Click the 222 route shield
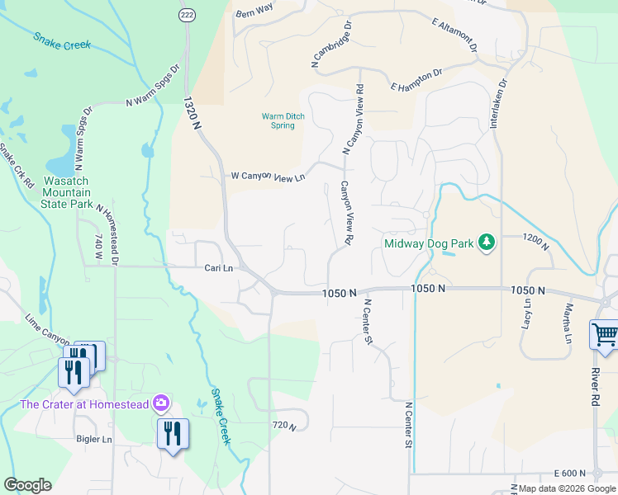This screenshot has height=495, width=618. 187,15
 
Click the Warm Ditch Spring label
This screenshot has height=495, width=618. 283,121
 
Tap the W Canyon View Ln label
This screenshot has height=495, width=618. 268,177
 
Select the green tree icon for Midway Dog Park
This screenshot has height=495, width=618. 487,242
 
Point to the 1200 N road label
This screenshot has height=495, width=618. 535,237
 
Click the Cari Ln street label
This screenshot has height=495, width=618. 219,268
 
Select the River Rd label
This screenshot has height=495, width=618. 594,380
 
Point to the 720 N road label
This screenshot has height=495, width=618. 283,425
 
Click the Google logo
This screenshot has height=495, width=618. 27,485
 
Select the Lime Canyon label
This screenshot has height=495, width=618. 48,328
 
